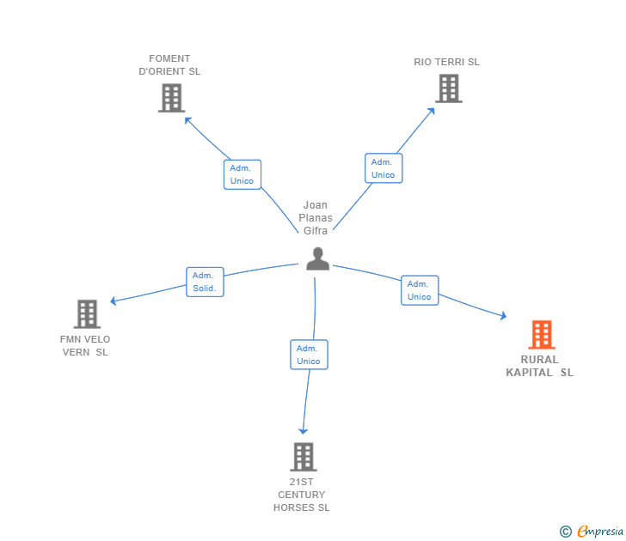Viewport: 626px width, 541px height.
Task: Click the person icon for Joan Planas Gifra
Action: pos(317,258)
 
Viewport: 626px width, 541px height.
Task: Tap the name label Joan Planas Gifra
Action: pos(316,218)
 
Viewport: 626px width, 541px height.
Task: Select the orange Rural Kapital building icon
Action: pos(541,334)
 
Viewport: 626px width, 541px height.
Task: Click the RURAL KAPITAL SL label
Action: pos(539,366)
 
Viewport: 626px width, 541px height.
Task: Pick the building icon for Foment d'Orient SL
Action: pos(172,98)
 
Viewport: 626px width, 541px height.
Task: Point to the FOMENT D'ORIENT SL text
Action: pos(169,65)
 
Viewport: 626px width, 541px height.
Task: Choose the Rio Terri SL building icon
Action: pos(448,88)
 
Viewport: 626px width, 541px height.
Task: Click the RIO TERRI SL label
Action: pos(446,62)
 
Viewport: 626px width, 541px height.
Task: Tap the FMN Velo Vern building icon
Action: pos(87,314)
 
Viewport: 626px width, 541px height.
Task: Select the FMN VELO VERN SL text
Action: pos(85,345)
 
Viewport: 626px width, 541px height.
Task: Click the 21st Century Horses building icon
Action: pos(303,456)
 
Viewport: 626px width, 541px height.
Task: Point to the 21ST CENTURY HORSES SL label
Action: pos(302,495)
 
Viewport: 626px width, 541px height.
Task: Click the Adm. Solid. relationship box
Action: pos(205,282)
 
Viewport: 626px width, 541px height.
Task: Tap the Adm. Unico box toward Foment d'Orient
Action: pos(242,174)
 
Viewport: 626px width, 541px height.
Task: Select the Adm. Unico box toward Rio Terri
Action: pos(383,168)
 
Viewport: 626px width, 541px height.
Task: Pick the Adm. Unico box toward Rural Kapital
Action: pos(420,290)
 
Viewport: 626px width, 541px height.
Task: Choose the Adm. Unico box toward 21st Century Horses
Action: pos(309,355)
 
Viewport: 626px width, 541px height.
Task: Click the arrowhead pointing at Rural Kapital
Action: pos(503,317)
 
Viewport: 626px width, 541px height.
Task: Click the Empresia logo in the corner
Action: pos(592,532)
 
